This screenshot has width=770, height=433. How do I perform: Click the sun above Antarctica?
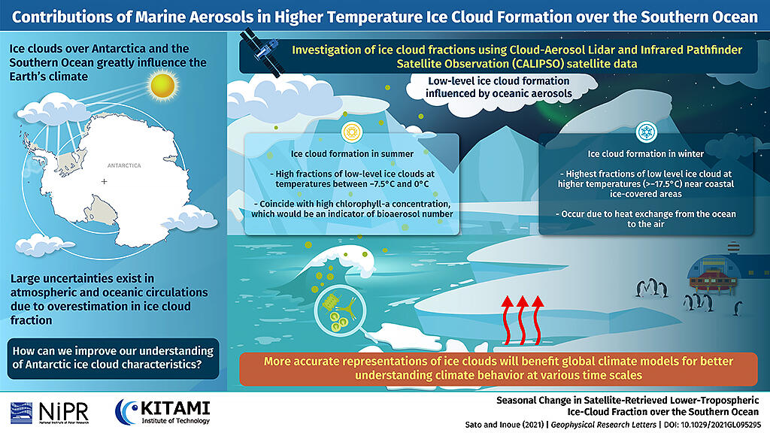[162, 86]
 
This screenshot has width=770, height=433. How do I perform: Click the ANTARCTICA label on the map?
[124, 165]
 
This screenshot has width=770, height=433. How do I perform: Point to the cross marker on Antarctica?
[104, 182]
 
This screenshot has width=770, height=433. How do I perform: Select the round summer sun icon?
[352, 132]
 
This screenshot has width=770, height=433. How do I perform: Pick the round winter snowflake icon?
[646, 132]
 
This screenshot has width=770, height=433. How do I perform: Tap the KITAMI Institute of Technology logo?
[162, 412]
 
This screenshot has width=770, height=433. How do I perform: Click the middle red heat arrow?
[522, 320]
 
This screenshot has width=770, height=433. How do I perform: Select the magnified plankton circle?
[341, 311]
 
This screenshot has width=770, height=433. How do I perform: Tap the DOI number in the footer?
[721, 425]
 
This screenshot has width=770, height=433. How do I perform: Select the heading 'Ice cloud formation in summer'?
[352, 153]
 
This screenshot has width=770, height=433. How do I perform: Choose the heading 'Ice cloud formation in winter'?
[646, 153]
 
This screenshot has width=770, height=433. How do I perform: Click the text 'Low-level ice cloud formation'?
[499, 81]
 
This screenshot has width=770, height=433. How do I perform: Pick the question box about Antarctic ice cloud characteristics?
[113, 358]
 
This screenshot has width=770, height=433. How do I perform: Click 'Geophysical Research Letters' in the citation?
[604, 425]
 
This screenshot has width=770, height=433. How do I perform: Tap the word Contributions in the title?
[71, 17]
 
